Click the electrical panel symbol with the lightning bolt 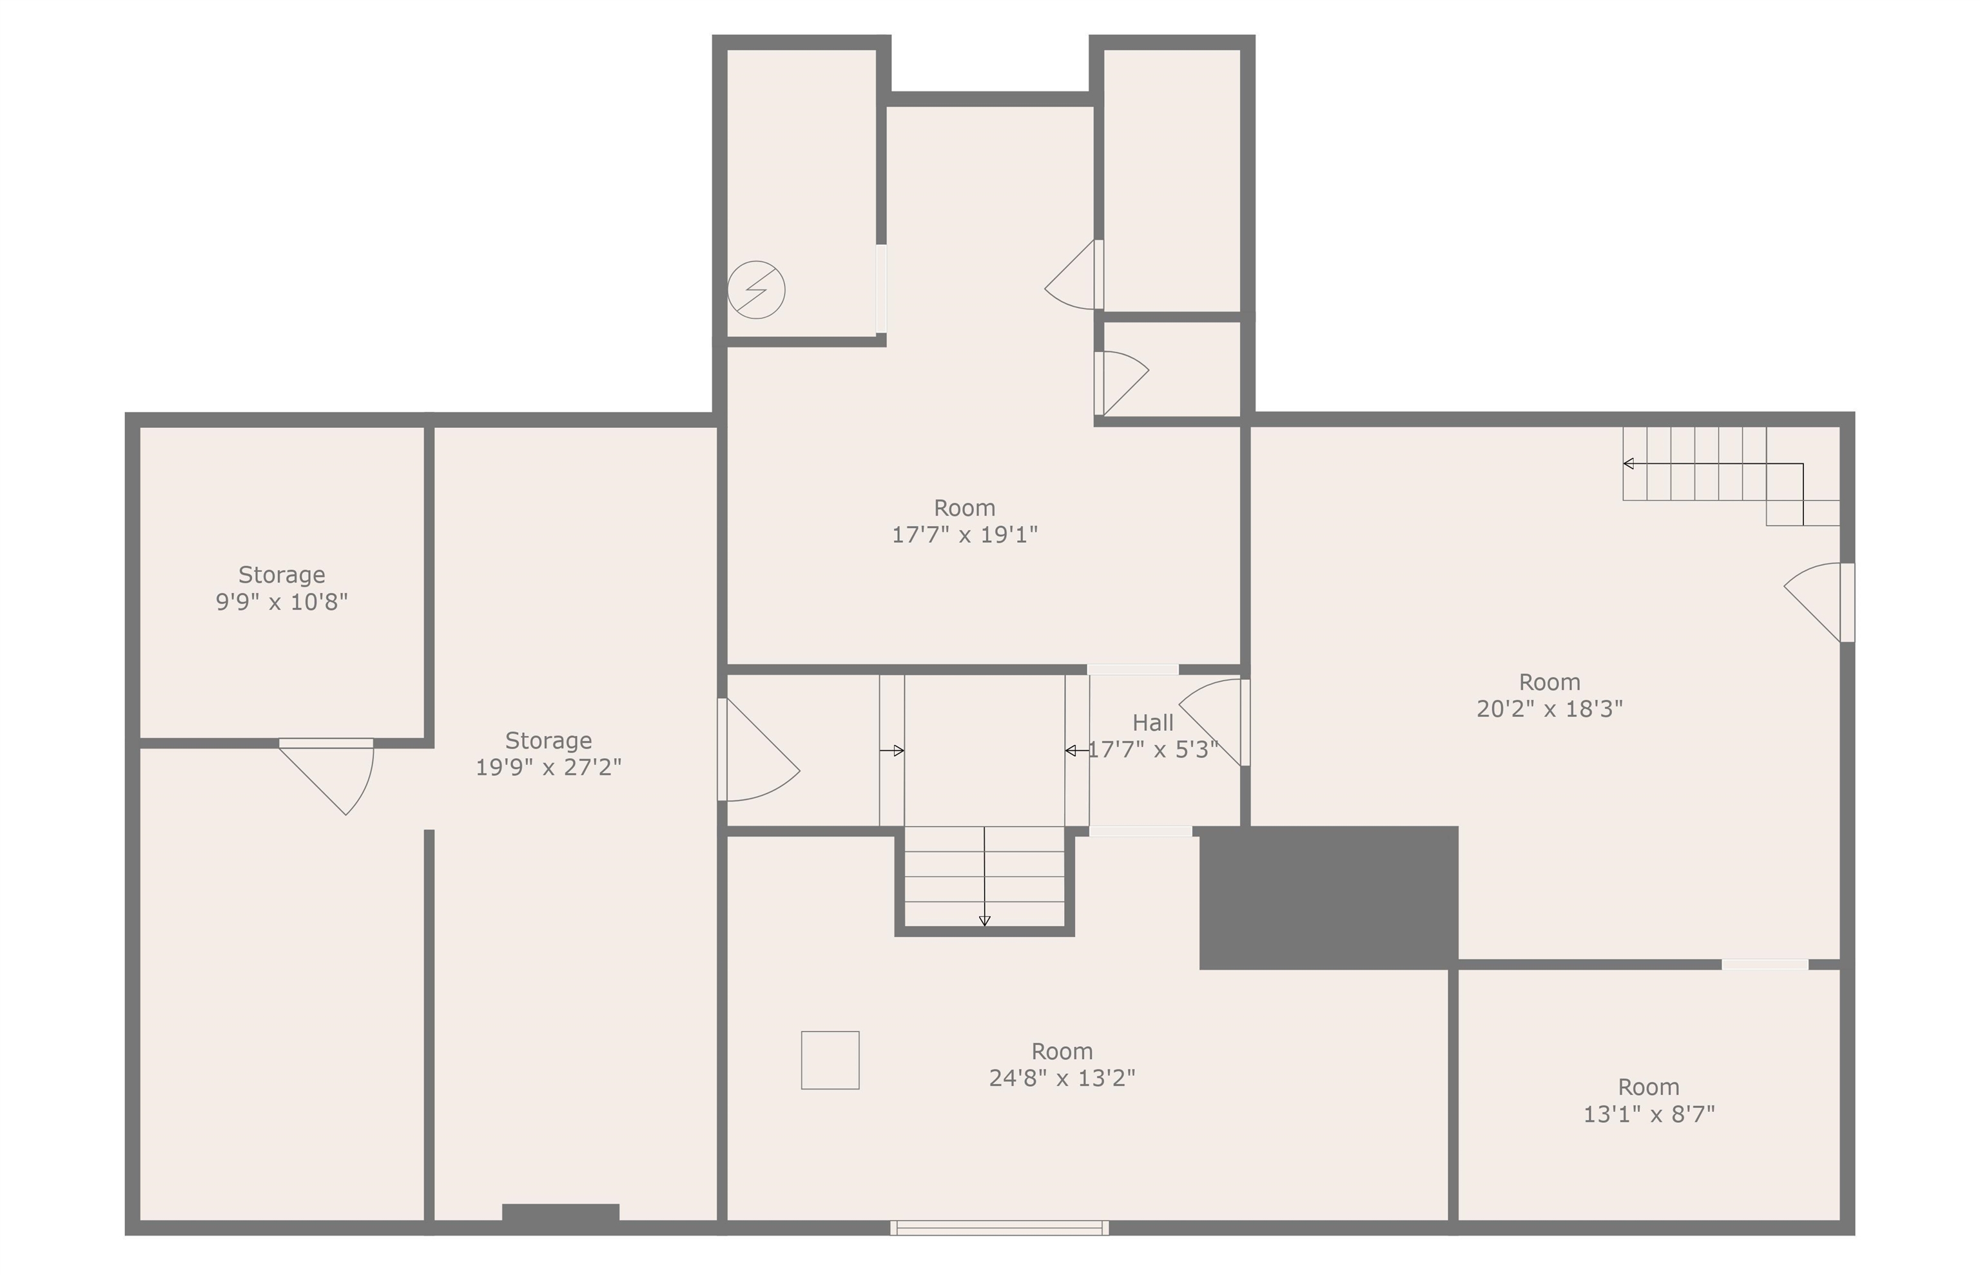[756, 290]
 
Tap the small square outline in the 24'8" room [830, 1060]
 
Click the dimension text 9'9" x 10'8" [282, 602]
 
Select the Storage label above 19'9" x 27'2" [548, 740]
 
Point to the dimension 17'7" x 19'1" [964, 535]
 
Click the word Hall [1152, 723]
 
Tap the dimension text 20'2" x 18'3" [1549, 708]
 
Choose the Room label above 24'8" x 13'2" [1062, 1051]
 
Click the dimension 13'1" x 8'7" [1649, 1114]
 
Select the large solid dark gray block [1328, 897]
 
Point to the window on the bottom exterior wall [999, 1228]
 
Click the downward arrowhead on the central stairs [984, 920]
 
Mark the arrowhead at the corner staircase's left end [1628, 463]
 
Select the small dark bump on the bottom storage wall [560, 1212]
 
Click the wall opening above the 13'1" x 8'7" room [1765, 964]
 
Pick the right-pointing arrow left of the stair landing [891, 751]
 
